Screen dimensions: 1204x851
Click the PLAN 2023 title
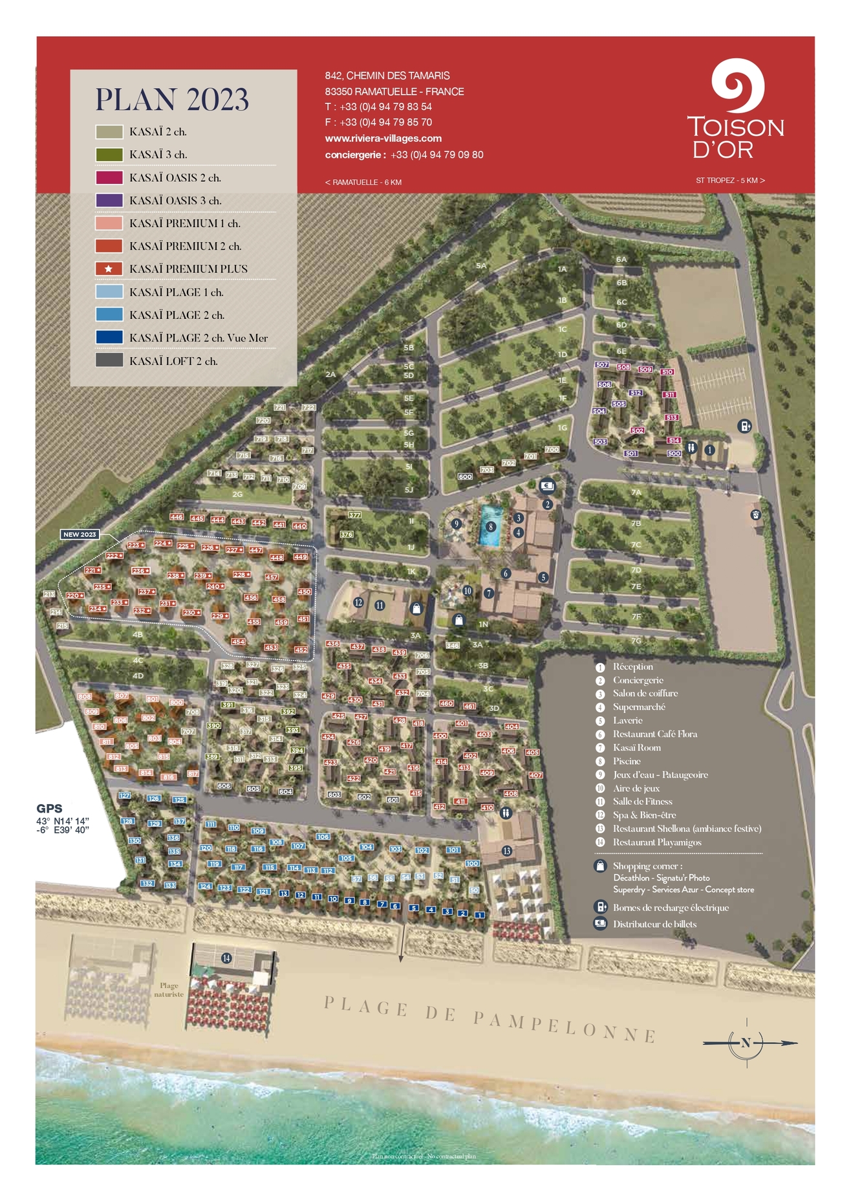[172, 100]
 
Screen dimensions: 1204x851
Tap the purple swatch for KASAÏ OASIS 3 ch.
[109, 201]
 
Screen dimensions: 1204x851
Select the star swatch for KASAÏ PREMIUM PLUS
[109, 268]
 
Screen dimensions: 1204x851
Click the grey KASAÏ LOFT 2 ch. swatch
[109, 360]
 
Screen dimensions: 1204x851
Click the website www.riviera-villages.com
[383, 138]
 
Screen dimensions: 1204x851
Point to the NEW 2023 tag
[80, 534]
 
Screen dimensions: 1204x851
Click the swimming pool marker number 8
[491, 527]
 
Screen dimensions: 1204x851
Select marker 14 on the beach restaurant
[226, 958]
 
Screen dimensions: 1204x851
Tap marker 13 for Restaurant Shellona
[506, 851]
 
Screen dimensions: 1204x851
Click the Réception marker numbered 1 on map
[709, 450]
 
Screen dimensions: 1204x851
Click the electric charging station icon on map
[745, 426]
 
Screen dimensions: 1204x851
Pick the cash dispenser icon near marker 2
[547, 486]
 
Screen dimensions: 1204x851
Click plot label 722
[308, 408]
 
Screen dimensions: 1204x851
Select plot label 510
[667, 372]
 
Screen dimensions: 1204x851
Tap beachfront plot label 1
[479, 915]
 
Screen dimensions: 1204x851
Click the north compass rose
[747, 1042]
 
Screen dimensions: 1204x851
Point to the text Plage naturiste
[169, 990]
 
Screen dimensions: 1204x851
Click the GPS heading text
[49, 808]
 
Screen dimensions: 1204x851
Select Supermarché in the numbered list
[638, 707]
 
